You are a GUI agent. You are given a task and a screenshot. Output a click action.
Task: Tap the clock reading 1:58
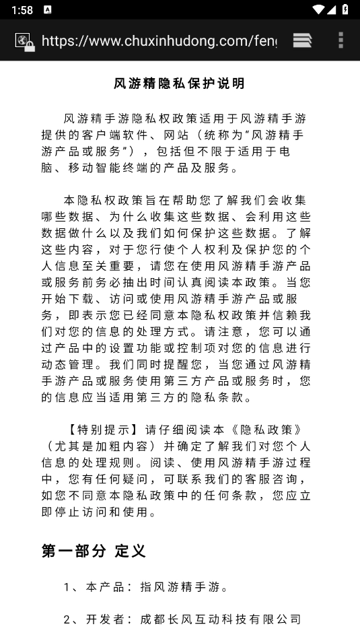[22, 9]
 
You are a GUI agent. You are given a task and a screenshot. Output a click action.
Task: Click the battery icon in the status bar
[345, 9]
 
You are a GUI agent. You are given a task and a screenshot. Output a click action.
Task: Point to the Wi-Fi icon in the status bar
[318, 9]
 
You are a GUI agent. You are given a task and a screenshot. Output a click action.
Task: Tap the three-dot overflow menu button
[340, 40]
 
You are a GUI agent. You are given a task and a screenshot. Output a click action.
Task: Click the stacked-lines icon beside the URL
[302, 40]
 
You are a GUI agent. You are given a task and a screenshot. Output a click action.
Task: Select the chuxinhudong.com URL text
[159, 41]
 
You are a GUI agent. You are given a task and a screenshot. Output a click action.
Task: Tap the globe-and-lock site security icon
[25, 42]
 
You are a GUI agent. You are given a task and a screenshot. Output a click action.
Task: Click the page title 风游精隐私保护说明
[180, 84]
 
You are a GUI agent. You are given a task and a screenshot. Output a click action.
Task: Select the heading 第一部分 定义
[94, 551]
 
